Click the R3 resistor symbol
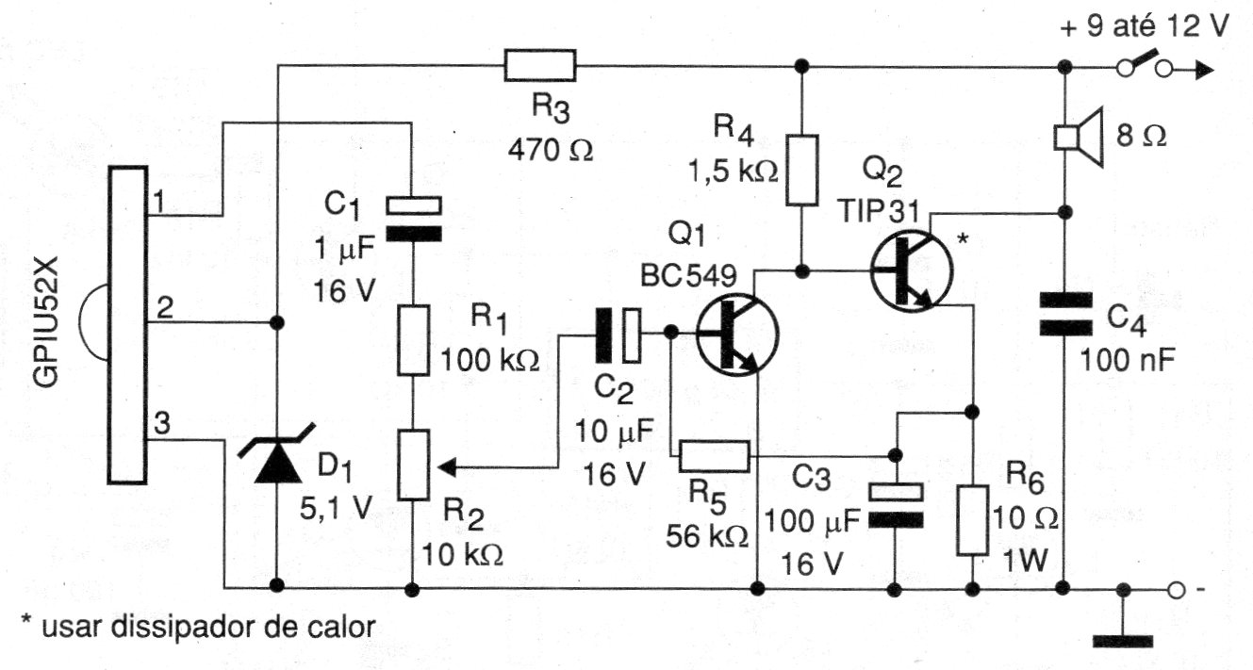539,65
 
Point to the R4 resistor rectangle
801,170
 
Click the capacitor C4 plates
1064,314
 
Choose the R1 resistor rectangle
412,339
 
